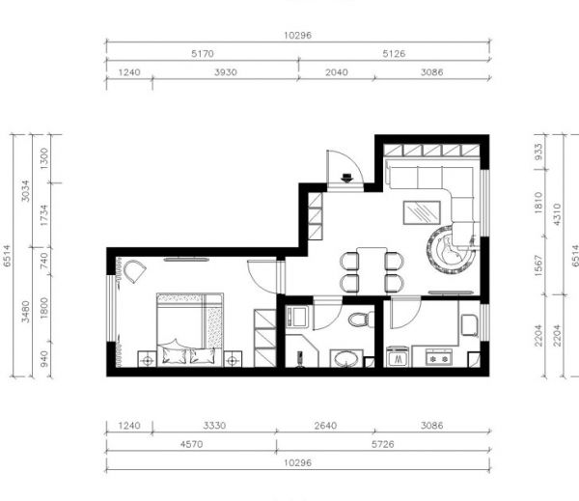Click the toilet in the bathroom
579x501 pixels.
pos(360,320)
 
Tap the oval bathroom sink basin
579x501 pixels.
pos(346,359)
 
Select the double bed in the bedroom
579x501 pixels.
pos(190,329)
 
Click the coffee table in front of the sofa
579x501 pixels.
pos(422,212)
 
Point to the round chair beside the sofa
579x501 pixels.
pos(450,250)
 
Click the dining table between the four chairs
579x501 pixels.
pos(372,271)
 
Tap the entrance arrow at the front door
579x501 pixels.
pos(347,178)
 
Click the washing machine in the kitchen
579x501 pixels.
pos(398,356)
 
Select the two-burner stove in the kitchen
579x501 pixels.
pos(439,357)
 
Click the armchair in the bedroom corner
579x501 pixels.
pos(134,271)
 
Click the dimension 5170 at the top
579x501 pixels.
pos(203,53)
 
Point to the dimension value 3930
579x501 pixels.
pos(226,72)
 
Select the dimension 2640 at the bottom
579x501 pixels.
pos(325,426)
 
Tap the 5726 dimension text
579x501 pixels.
pos(383,444)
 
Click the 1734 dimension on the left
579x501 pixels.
pos(44,215)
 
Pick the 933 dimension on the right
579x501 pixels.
pos(538,152)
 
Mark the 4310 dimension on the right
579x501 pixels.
pos(557,214)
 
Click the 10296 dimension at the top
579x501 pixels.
pos(297,36)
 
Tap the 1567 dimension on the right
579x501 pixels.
pos(538,265)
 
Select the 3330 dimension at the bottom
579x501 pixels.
pos(214,426)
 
